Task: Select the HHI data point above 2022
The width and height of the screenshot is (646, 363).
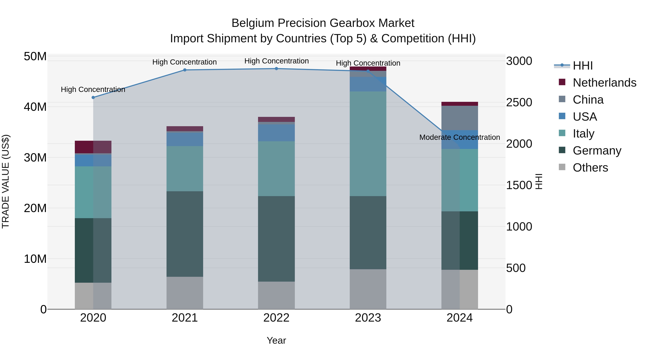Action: pos(276,69)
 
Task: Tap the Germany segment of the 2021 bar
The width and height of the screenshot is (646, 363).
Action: pos(185,234)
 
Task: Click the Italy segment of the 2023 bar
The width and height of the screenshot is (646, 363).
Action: pos(368,144)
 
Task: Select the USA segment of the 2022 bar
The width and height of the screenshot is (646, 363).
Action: pos(276,133)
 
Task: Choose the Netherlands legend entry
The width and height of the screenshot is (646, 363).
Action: pos(604,83)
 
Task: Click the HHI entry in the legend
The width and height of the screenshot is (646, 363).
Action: pos(582,66)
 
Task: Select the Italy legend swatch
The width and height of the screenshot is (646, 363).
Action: pos(562,133)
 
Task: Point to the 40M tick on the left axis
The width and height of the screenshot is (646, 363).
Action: pos(35,107)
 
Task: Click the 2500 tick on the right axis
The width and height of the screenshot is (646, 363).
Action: pos(519,103)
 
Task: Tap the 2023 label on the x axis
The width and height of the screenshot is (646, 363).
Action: pos(368,318)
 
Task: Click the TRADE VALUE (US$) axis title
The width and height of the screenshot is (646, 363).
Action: pos(6,181)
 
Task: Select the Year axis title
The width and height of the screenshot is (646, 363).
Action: pos(276,340)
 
